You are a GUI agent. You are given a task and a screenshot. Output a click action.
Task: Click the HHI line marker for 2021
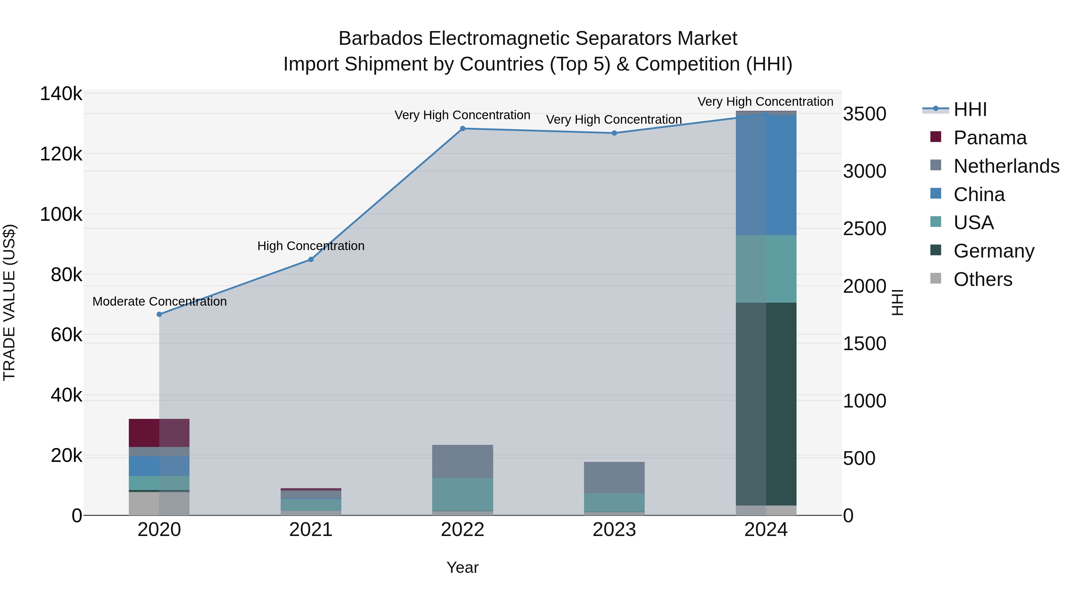coord(311,259)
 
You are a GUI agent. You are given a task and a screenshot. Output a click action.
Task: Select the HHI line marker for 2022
coord(462,128)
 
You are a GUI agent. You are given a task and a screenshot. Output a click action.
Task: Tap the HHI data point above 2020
coord(159,314)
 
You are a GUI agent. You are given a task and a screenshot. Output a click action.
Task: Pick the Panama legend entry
coord(990,138)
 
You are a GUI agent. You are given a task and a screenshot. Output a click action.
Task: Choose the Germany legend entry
coord(994,251)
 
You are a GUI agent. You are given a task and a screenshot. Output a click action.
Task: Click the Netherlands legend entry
coord(1006,166)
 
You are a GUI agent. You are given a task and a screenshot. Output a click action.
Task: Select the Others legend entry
coord(982,279)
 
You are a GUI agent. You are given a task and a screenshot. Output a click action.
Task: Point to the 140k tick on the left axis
coord(61,94)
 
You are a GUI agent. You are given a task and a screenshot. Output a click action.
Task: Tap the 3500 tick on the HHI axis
coord(864,114)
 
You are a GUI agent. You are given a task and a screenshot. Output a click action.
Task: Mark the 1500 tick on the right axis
coord(864,344)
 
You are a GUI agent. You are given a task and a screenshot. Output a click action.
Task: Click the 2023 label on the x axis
coord(614,530)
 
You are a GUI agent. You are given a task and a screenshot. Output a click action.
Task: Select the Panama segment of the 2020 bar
coord(159,433)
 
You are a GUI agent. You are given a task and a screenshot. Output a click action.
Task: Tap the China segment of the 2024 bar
coord(766,175)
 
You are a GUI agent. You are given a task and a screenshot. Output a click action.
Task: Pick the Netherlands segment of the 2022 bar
coord(462,461)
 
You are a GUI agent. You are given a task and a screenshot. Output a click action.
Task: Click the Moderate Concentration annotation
coord(160,301)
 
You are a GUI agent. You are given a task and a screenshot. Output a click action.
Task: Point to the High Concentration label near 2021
coord(311,246)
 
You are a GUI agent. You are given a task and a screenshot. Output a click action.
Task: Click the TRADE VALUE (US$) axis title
coord(9,302)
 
